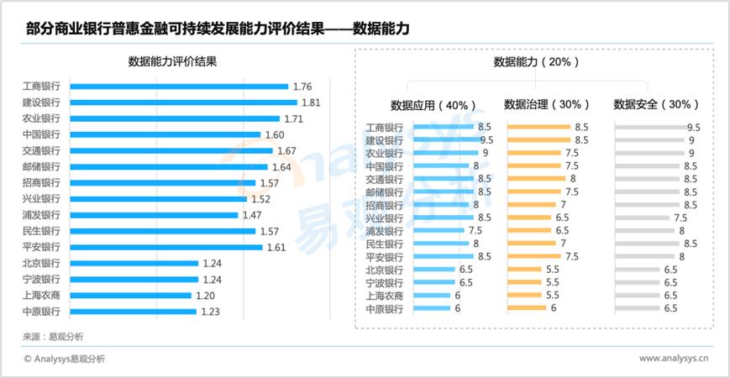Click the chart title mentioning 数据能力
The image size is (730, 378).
click(217, 29)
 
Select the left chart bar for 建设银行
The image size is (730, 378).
click(183, 102)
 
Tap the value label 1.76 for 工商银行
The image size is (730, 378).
click(302, 87)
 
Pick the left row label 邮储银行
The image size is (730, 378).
click(41, 167)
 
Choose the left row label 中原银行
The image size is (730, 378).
click(41, 312)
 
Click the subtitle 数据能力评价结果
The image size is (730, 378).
click(178, 61)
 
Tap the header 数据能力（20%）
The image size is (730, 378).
click(535, 62)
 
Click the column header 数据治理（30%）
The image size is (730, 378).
click(547, 104)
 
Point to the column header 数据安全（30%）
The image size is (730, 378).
click(657, 104)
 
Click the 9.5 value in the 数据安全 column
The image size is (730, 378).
click(693, 128)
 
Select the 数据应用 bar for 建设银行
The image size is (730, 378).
click(443, 140)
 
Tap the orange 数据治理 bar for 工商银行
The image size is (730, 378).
click(539, 128)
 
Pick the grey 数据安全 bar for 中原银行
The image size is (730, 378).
click(638, 308)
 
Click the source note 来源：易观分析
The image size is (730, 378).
click(54, 336)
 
